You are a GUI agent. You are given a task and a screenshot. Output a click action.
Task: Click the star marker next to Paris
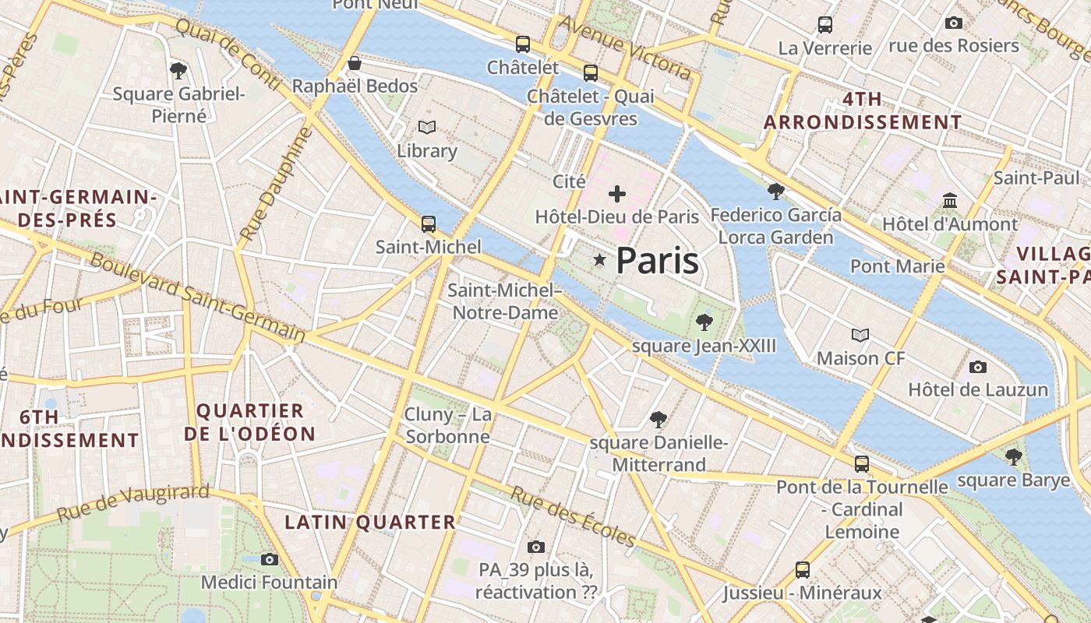click(599, 260)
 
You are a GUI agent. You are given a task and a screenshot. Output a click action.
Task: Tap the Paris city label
click(657, 262)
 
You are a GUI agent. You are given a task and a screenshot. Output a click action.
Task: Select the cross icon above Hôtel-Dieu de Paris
click(617, 194)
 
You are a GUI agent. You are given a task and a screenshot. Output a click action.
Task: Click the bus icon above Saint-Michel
click(428, 224)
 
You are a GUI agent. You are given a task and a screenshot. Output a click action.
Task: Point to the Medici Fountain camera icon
click(270, 559)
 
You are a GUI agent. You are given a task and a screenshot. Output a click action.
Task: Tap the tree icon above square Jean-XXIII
click(704, 322)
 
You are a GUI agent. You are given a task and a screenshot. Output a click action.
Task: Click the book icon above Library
click(426, 127)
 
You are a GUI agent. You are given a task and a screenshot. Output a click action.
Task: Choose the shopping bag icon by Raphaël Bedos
click(355, 63)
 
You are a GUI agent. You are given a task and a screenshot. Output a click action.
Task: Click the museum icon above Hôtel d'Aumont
click(949, 202)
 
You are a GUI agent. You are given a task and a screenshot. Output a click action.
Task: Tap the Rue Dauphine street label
click(276, 183)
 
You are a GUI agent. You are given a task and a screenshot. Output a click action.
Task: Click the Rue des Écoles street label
click(574, 516)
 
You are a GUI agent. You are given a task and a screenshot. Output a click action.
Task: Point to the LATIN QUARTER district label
click(369, 523)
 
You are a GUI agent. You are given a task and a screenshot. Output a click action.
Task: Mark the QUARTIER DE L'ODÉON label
click(249, 422)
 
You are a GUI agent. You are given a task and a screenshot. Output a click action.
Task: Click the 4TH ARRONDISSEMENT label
click(863, 111)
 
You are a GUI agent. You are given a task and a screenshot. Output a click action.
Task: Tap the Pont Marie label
click(897, 266)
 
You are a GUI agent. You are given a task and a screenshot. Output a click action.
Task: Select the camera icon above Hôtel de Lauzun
click(977, 367)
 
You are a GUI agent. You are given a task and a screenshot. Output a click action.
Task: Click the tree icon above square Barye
click(1013, 457)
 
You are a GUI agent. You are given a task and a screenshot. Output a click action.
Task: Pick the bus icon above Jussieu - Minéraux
click(803, 570)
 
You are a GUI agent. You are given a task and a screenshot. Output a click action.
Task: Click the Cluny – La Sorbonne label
click(447, 425)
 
